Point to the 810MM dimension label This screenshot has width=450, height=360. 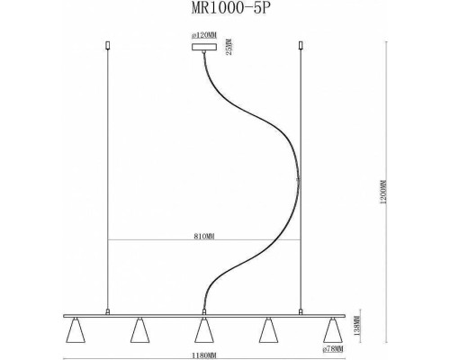(203, 235)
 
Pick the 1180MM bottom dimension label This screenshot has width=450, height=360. (203, 354)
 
